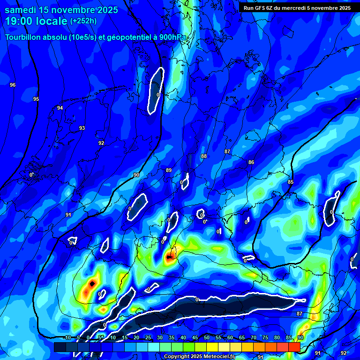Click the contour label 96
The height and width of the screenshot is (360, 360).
coord(13,85)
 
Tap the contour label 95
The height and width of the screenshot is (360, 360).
coord(36,99)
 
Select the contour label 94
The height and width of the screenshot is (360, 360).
coord(60,108)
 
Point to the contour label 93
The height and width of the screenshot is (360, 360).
coord(82,128)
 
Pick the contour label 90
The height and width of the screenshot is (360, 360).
coord(136,175)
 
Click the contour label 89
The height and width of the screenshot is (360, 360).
coord(169,170)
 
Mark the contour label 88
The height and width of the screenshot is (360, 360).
coord(203,156)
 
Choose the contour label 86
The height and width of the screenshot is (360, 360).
coord(251,162)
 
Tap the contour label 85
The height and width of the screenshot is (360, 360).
coord(291,182)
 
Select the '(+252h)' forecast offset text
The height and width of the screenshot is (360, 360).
coord(83,21)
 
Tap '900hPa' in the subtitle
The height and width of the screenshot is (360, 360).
coord(171,37)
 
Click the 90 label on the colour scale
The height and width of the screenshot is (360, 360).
coord(300,338)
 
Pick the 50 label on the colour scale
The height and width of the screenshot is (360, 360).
coord(206,338)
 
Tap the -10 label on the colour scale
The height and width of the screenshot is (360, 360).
coord(67,338)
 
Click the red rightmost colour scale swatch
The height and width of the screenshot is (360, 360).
coord(294,347)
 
